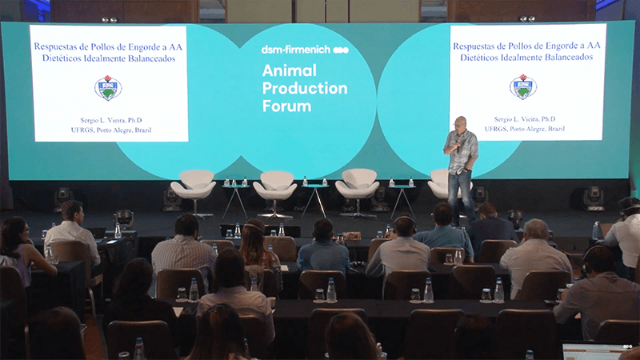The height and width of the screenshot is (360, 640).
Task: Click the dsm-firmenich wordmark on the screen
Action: click(296, 50)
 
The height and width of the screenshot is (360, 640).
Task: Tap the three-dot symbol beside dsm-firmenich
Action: click(341, 50)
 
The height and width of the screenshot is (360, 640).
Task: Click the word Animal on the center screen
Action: click(290, 70)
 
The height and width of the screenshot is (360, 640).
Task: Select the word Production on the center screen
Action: click(305, 88)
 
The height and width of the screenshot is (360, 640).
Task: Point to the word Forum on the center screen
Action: click(286, 106)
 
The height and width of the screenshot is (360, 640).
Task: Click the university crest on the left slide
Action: click(108, 88)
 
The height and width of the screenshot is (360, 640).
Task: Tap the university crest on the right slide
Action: click(523, 86)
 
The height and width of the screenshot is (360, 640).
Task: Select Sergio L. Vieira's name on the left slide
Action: click(111, 120)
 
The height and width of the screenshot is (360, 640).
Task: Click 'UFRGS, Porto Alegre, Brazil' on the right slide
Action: click(525, 129)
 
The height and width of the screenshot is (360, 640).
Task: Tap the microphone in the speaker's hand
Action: click(458, 146)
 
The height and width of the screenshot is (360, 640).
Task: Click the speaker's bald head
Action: click(460, 123)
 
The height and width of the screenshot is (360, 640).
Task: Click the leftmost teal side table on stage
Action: click(235, 200)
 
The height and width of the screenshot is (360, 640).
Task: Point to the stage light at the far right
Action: click(593, 198)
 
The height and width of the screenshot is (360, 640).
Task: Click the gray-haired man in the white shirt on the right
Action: click(534, 257)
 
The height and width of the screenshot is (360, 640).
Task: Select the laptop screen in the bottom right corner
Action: click(592, 351)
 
